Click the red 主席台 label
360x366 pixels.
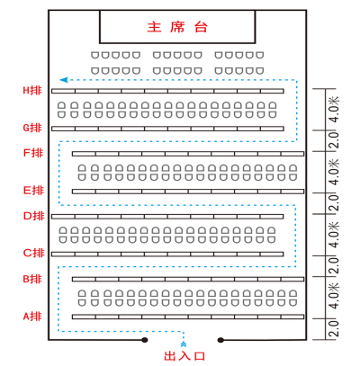[x=177, y=27]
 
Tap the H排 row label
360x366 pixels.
[x=32, y=90]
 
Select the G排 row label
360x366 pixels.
[x=32, y=128]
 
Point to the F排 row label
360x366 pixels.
[x=33, y=153]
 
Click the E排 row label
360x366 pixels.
[x=33, y=191]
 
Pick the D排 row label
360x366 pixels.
[x=34, y=216]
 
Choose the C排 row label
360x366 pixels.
[x=34, y=253]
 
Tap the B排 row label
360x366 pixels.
[x=32, y=279]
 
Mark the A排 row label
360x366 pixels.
[x=32, y=317]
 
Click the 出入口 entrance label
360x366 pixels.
[x=184, y=356]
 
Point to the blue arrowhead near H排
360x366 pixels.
[x=64, y=80]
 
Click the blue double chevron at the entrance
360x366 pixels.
[x=184, y=344]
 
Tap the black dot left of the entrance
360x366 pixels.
[x=145, y=340]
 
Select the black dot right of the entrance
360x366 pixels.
[x=220, y=340]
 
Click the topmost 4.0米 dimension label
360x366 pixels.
[x=334, y=110]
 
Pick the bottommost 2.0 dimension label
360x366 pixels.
[x=334, y=329]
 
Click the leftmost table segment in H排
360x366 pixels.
[x=63, y=91]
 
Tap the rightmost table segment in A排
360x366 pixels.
[x=292, y=317]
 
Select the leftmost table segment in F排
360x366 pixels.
[x=84, y=154]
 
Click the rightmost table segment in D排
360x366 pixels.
[x=272, y=217]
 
